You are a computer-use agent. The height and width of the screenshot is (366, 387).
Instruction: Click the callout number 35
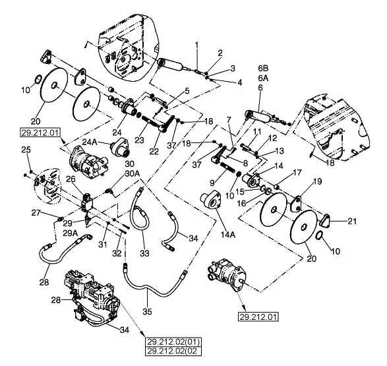click(147, 311)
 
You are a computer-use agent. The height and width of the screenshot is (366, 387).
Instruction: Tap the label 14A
click(228, 234)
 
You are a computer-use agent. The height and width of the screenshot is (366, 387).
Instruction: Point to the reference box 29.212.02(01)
click(173, 342)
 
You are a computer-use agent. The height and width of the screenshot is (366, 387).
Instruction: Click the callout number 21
click(353, 221)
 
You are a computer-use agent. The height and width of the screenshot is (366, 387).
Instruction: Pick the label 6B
click(263, 68)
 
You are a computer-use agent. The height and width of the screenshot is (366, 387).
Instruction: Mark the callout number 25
click(26, 150)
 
